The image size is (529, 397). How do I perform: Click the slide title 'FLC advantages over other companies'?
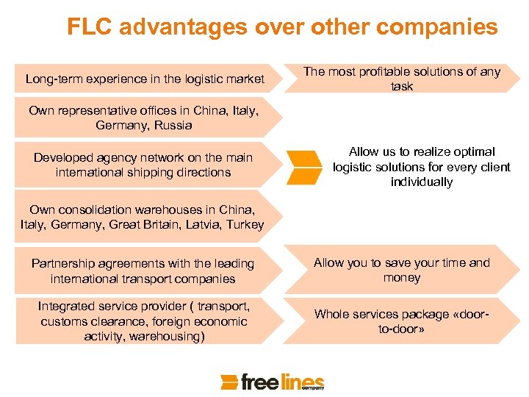pyautogui.click(x=282, y=27)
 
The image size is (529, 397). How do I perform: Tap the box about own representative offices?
pyautogui.click(x=144, y=118)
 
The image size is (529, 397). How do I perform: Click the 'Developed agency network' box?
pyautogui.click(x=143, y=165)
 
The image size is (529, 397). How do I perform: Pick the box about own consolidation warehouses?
pyautogui.click(x=143, y=217)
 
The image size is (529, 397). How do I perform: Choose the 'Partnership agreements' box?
pyautogui.click(x=143, y=271)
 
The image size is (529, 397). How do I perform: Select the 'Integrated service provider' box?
pyautogui.click(x=144, y=321)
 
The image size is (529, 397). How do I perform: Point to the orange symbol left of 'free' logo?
pyautogui.click(x=230, y=382)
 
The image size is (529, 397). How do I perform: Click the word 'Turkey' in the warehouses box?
pyautogui.click(x=245, y=224)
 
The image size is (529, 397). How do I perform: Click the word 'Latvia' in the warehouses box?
pyautogui.click(x=204, y=224)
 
